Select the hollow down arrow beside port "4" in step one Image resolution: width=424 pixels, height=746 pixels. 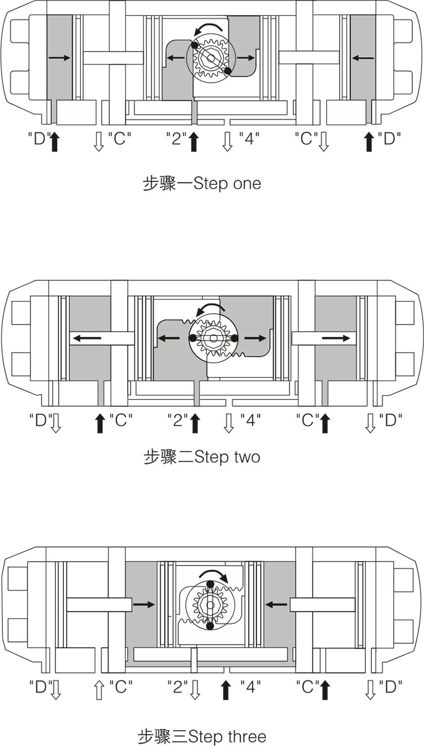coord(227,141)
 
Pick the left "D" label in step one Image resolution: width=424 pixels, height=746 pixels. coord(39,138)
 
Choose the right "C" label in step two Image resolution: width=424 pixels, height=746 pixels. coord(307,420)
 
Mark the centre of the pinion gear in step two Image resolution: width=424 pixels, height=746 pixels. coord(213,338)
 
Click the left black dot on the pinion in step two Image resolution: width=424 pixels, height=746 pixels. coord(193,338)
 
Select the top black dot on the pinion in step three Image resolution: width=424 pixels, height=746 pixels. coord(210,584)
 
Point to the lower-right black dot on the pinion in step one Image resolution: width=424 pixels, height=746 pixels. coord(228,71)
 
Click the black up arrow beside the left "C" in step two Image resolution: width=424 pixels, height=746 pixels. coord(99,423)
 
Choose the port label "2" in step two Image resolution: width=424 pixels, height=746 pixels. coord(178,420)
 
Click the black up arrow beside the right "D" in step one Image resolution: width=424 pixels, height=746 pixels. coord(369,141)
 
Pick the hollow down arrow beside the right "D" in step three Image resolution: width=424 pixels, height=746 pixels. coord(370,689)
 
